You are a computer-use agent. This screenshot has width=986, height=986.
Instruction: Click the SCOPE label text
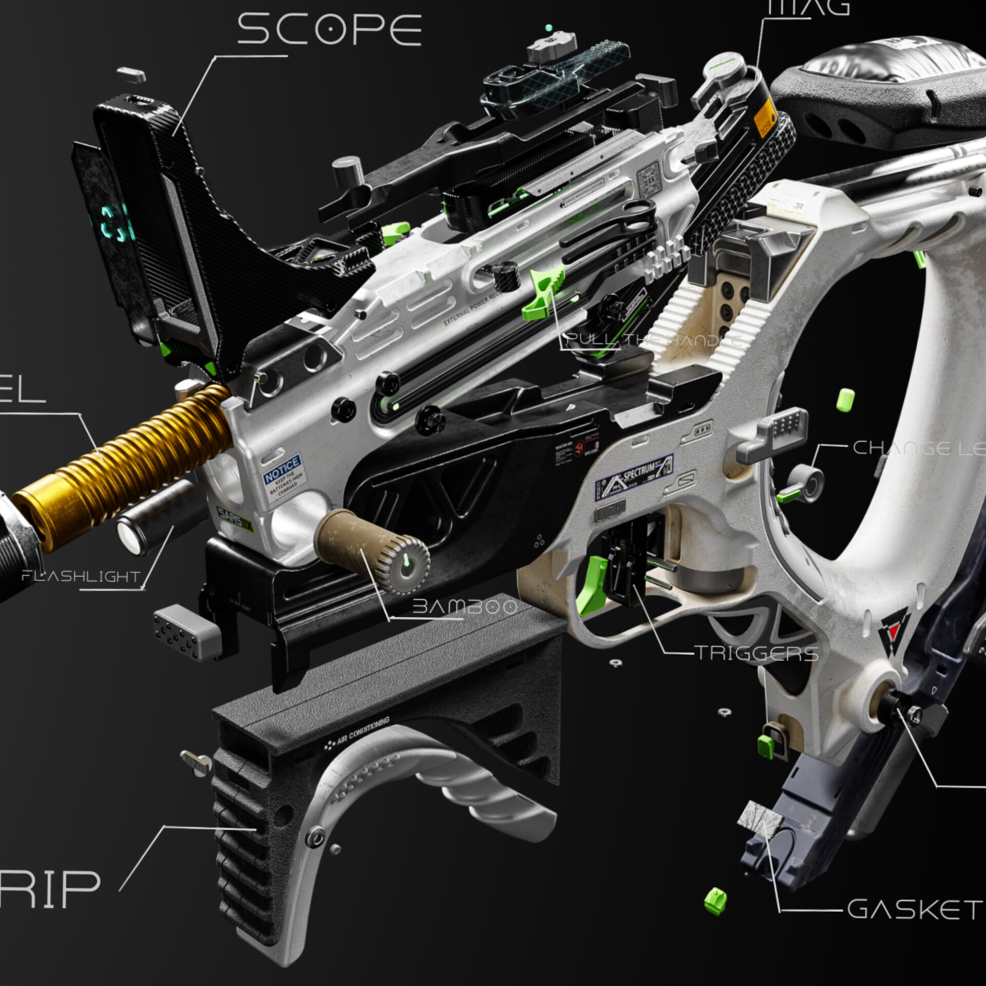tap(329, 29)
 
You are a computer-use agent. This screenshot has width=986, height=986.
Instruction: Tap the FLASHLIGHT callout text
tap(81, 576)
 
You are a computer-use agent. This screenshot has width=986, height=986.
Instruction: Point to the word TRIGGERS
tap(757, 653)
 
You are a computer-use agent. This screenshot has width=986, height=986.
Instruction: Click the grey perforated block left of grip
tap(186, 633)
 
